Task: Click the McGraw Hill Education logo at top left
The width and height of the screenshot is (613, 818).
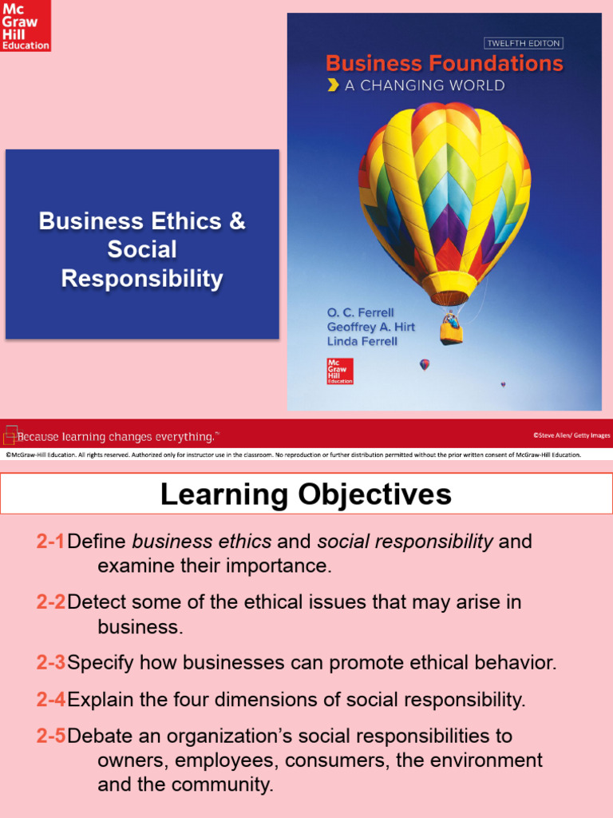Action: click(26, 26)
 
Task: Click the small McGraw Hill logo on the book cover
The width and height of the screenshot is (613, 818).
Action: click(337, 371)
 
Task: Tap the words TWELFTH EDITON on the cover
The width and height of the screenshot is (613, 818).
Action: click(523, 43)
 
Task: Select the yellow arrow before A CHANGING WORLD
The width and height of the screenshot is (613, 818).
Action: click(333, 85)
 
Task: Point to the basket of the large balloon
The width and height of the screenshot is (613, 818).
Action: click(451, 329)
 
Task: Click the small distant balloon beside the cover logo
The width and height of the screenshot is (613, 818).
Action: click(425, 364)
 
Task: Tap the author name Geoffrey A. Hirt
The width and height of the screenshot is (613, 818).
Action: click(370, 328)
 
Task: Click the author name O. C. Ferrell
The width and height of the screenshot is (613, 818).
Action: click(360, 312)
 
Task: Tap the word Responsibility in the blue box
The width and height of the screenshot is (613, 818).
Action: click(142, 279)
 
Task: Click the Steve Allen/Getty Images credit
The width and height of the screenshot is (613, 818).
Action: click(571, 435)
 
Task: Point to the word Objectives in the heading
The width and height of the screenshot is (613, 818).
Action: click(375, 494)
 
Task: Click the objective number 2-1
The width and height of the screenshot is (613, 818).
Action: click(50, 542)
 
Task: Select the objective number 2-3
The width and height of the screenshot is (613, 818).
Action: click(50, 662)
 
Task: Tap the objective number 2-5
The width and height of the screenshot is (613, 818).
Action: click(50, 736)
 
